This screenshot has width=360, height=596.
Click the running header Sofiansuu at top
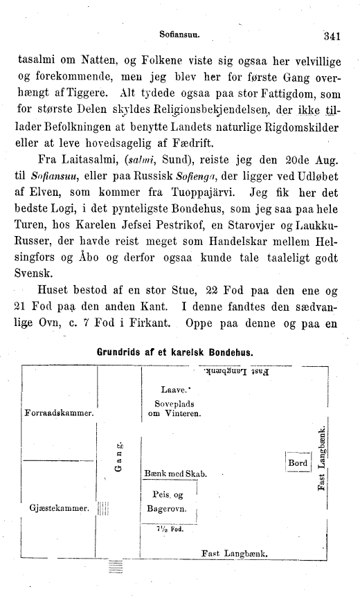tap(179, 32)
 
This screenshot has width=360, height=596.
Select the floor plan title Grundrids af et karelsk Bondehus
tap(175, 351)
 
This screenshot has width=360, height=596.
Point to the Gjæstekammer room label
tap(59, 507)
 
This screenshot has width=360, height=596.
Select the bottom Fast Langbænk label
tap(234, 552)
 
